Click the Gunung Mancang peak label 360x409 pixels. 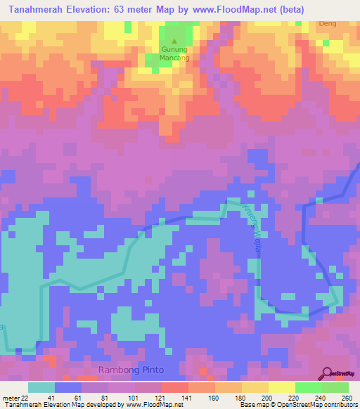[x=174, y=55]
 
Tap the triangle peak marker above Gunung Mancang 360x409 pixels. [x=174, y=41]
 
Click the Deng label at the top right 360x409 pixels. [x=328, y=23]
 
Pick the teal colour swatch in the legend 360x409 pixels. [x=41, y=387]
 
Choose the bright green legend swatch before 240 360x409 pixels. [x=308, y=387]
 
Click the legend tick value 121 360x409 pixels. [x=160, y=398]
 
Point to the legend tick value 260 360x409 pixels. [x=346, y=398]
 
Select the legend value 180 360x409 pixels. [x=240, y=398]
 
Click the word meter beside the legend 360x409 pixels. [x=11, y=398]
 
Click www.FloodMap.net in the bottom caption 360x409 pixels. [x=150, y=405]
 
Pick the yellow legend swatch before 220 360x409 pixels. [x=255, y=387]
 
